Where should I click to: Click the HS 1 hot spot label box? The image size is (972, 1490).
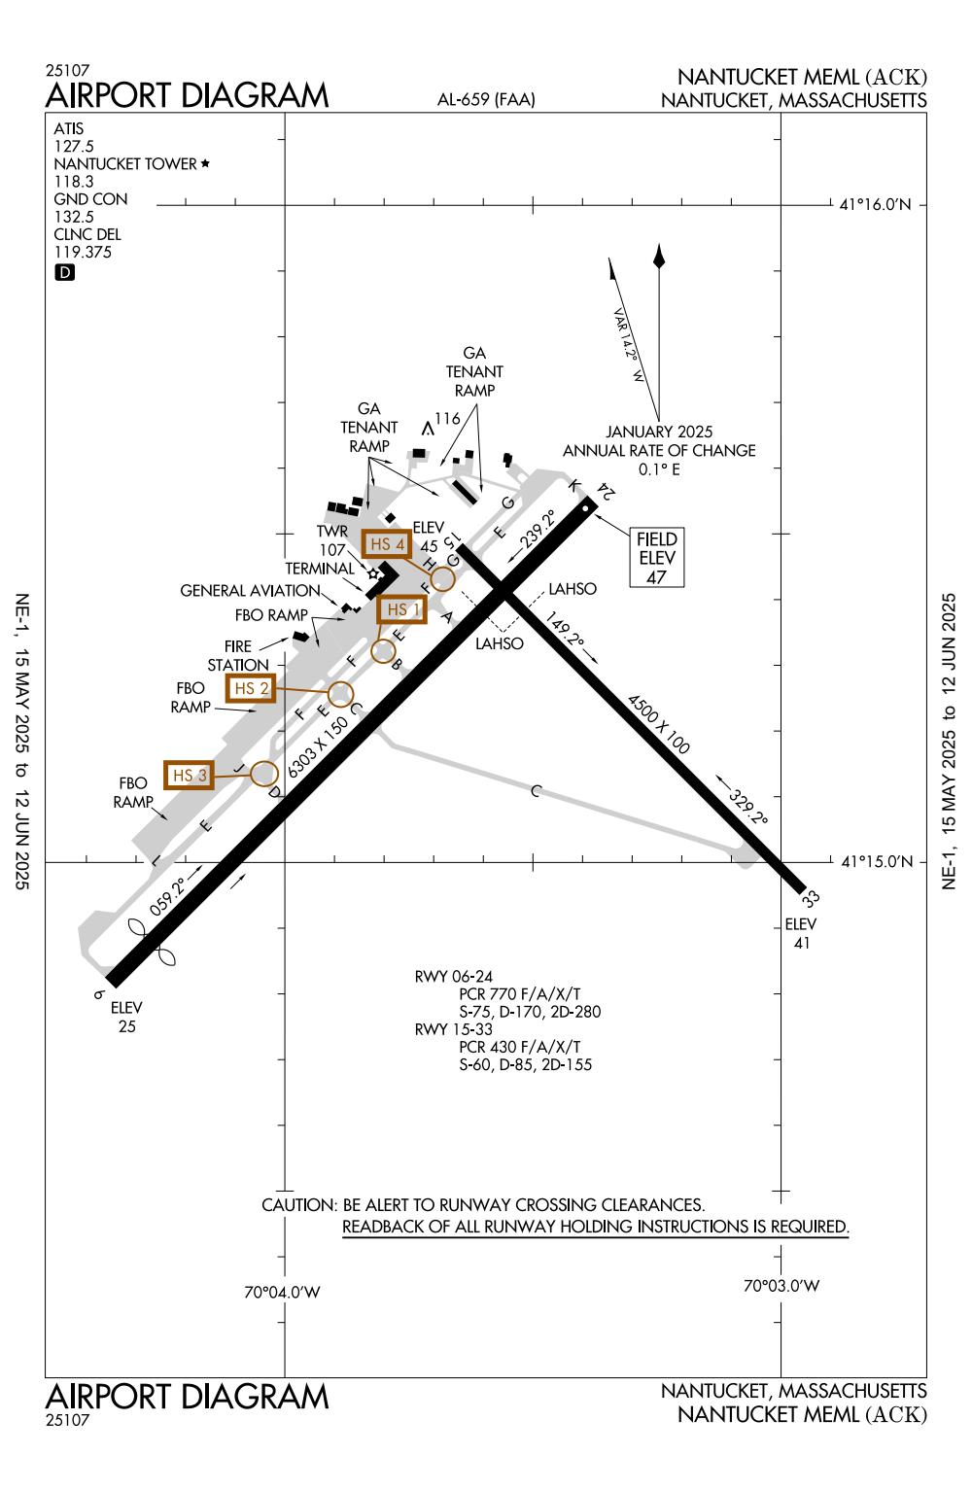(x=402, y=609)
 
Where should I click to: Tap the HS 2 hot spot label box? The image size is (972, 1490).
(x=251, y=688)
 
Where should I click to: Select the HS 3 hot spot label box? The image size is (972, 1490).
(x=189, y=775)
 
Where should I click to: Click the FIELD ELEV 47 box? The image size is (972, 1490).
(x=656, y=558)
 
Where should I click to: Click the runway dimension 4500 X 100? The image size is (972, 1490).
(x=658, y=724)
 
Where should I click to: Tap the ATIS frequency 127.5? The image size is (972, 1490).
(x=74, y=146)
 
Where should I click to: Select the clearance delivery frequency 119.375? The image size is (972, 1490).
(x=83, y=252)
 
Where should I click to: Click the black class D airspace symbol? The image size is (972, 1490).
(x=64, y=273)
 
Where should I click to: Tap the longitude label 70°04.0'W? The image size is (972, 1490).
(x=282, y=1293)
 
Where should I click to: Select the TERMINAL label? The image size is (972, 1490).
(x=320, y=568)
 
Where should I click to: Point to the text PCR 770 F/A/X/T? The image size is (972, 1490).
(x=519, y=994)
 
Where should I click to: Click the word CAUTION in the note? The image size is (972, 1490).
(x=297, y=1205)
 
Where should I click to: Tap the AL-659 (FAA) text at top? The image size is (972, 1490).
(x=487, y=99)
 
